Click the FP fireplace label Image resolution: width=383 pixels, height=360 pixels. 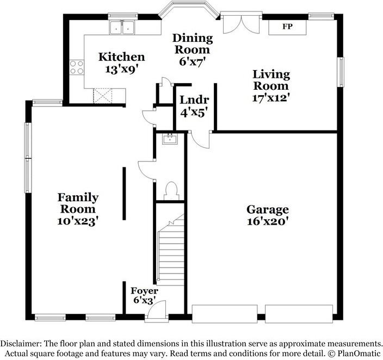[287, 27]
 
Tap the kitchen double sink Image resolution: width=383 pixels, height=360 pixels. [122, 27]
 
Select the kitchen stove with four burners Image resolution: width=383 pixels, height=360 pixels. [77, 67]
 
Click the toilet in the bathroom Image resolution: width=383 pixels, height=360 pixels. [171, 191]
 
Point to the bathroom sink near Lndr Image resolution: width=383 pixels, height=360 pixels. [170, 139]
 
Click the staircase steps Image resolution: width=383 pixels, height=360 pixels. [171, 250]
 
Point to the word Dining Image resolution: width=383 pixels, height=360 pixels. [193, 39]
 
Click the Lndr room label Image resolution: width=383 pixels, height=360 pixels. [194, 100]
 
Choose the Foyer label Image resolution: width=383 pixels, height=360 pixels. [144, 291]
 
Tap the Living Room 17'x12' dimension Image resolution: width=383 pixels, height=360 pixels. [271, 98]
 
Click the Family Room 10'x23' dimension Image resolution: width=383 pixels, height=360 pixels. [78, 221]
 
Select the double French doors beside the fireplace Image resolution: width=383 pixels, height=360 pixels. [241, 24]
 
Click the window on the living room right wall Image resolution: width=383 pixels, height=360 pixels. [341, 72]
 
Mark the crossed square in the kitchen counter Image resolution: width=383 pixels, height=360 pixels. [103, 96]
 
